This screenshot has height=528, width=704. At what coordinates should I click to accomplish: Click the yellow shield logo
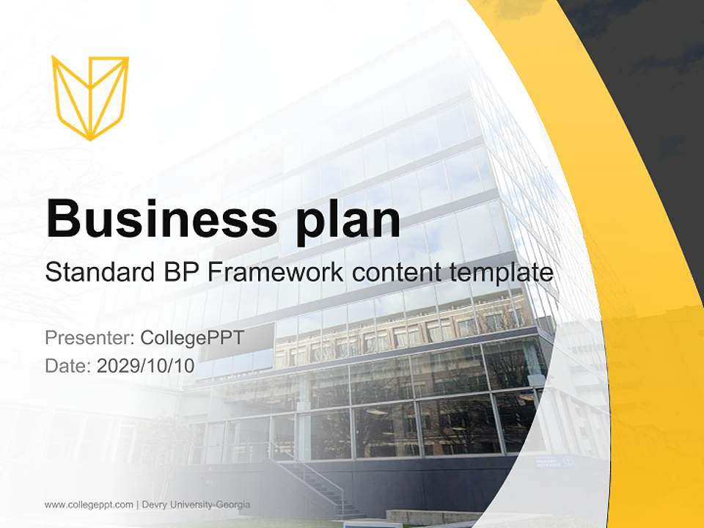[x=90, y=97]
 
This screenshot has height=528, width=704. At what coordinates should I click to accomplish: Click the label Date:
[x=68, y=366]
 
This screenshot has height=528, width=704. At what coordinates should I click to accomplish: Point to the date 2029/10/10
[x=146, y=366]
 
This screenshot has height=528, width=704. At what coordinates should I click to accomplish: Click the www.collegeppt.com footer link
[x=89, y=505]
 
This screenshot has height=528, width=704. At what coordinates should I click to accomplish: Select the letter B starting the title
[x=62, y=218]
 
